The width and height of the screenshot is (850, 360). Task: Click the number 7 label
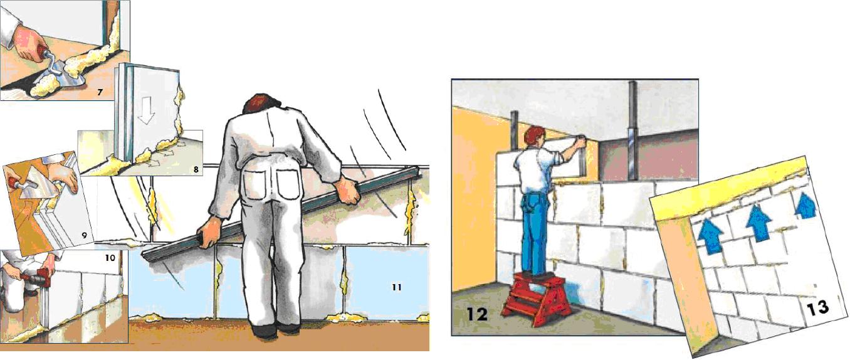coord(100,92)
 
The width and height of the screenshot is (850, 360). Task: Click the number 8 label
coord(196,169)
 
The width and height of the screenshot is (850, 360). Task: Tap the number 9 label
coord(84,235)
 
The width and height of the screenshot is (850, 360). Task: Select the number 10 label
coord(110,258)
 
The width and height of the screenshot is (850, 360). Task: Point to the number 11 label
coord(397,287)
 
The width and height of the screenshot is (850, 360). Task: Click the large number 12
coord(477,315)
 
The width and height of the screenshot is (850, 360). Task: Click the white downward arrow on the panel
coord(146,110)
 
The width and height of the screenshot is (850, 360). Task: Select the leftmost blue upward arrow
coord(711,236)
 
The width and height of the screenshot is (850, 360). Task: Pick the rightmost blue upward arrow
coord(805,206)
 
